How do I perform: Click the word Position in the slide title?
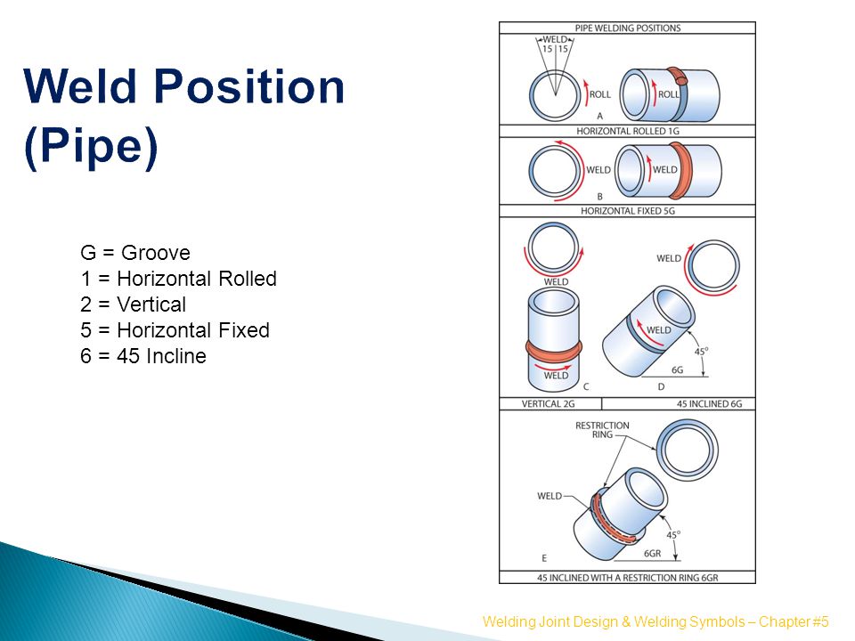pyautogui.click(x=249, y=86)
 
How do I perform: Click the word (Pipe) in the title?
pyautogui.click(x=91, y=146)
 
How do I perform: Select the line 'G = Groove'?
pyautogui.click(x=135, y=253)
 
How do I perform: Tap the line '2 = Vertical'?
pyautogui.click(x=133, y=304)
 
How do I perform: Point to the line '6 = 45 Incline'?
pyautogui.click(x=143, y=356)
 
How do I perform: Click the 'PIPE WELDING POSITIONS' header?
pyautogui.click(x=628, y=28)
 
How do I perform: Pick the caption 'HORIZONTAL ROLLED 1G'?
pyautogui.click(x=628, y=131)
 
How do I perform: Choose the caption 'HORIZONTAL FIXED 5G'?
pyautogui.click(x=628, y=211)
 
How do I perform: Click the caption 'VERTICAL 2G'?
pyautogui.click(x=548, y=404)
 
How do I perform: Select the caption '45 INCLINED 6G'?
pyautogui.click(x=710, y=404)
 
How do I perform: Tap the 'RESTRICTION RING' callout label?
pyautogui.click(x=602, y=429)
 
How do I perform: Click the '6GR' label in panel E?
pyautogui.click(x=652, y=553)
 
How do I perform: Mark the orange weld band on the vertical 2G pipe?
pyautogui.click(x=553, y=351)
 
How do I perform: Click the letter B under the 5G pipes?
pyautogui.click(x=599, y=196)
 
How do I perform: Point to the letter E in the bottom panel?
pyautogui.click(x=544, y=558)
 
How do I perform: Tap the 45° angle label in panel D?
pyautogui.click(x=701, y=351)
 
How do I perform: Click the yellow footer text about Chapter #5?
pyautogui.click(x=655, y=622)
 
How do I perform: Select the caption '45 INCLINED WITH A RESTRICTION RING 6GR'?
pyautogui.click(x=628, y=578)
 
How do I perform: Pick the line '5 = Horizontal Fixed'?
pyautogui.click(x=175, y=330)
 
